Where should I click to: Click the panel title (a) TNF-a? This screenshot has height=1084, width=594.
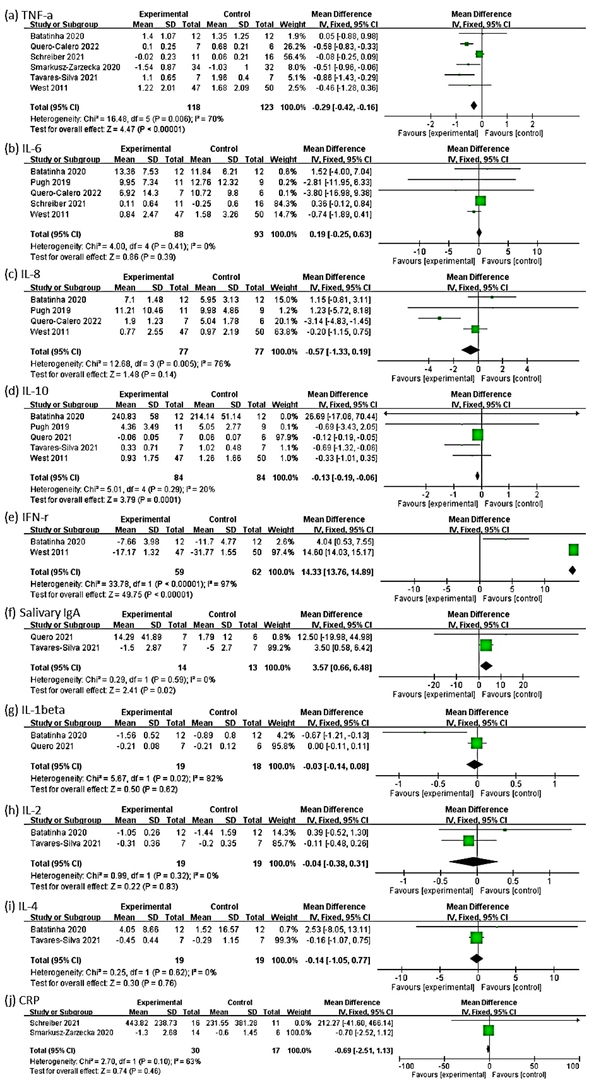[x=29, y=15]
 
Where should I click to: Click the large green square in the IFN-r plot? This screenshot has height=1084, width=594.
[x=573, y=550]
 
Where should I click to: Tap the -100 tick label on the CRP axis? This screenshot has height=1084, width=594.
[x=406, y=1066]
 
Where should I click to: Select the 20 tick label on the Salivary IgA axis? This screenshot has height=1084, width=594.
[x=523, y=685]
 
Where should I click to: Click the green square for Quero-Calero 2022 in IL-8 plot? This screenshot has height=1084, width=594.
[x=439, y=318]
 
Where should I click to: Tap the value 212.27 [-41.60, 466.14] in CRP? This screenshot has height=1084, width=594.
[x=363, y=1023]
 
